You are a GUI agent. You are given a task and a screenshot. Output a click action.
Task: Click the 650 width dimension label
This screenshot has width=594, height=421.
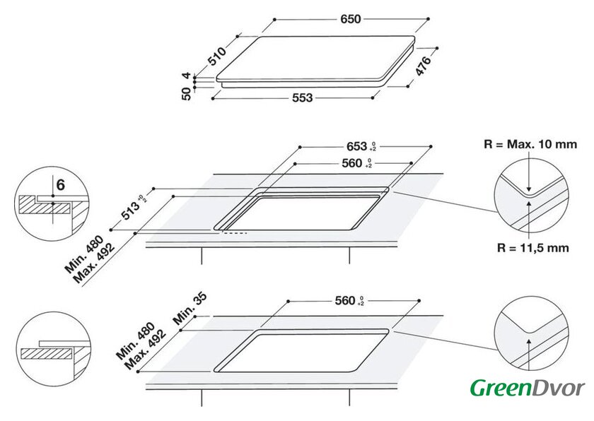pyautogui.click(x=351, y=19)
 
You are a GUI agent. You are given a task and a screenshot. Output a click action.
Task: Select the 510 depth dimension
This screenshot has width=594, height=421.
pyautogui.click(x=218, y=56)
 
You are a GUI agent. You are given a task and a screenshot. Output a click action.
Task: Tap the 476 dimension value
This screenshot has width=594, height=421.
pyautogui.click(x=423, y=66)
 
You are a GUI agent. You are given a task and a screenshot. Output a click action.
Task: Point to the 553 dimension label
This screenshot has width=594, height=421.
pyautogui.click(x=303, y=98)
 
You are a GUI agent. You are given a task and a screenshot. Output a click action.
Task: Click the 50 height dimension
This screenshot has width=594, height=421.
pyautogui.click(x=187, y=94)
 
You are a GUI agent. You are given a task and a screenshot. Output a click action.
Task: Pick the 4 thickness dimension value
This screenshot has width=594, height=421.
pyautogui.click(x=187, y=76)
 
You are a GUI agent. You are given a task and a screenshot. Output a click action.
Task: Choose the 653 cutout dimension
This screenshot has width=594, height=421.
pyautogui.click(x=361, y=146)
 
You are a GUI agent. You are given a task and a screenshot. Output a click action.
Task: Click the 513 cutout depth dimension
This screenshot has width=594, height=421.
pyautogui.click(x=133, y=208)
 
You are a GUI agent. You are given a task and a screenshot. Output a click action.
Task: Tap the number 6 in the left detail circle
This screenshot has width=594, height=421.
pyautogui.click(x=61, y=185)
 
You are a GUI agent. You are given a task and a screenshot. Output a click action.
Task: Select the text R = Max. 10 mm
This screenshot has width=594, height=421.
pyautogui.click(x=530, y=144)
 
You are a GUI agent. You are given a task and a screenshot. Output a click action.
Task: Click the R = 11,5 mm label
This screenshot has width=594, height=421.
pyautogui.click(x=533, y=248)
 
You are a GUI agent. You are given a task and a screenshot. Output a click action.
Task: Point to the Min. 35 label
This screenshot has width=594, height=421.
pyautogui.click(x=190, y=308)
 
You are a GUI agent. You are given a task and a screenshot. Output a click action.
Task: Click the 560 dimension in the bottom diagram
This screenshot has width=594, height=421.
pyautogui.click(x=349, y=301)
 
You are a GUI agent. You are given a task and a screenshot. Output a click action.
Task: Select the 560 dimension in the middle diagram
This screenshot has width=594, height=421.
pyautogui.click(x=356, y=163)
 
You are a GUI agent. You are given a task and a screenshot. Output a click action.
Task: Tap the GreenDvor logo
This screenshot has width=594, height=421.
pyautogui.click(x=528, y=388)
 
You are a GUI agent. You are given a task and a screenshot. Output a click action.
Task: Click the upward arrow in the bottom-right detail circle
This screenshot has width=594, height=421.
pyautogui.click(x=529, y=355)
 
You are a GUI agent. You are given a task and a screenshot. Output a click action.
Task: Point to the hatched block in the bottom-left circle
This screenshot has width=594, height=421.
pyautogui.click(x=47, y=354)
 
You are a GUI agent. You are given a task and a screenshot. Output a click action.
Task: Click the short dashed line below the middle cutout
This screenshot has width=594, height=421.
pyautogui.click(x=235, y=233)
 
